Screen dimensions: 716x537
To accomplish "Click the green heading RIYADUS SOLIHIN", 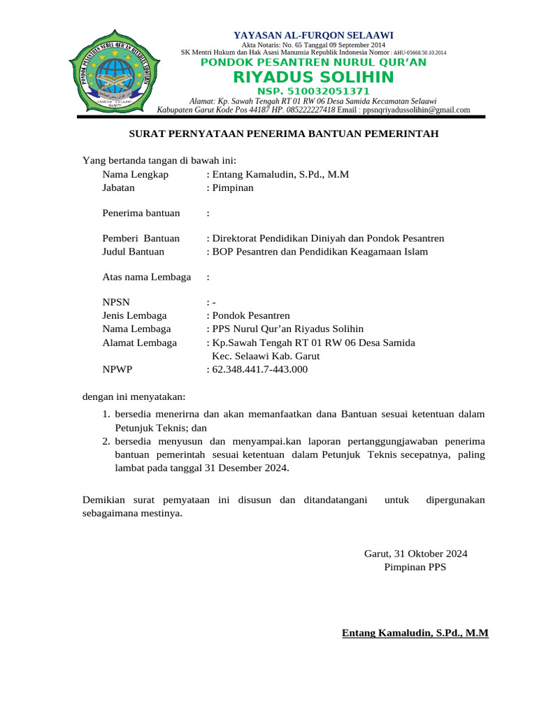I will point(313,76).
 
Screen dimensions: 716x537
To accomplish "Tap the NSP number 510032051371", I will point(313,92).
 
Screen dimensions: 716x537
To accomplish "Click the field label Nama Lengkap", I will point(136,174).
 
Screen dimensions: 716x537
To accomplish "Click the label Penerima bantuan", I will point(141,213).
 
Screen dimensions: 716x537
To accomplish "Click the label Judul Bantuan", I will point(134,252).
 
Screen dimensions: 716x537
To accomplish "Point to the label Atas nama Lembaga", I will point(146,277).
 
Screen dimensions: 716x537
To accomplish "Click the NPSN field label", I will point(116,303).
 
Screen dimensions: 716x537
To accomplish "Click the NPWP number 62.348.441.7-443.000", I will point(259,369).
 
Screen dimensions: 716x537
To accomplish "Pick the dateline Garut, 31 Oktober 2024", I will point(415,554).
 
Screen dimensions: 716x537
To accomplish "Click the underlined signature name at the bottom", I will point(415,633).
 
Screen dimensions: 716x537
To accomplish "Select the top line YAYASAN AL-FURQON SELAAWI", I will point(313,34).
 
